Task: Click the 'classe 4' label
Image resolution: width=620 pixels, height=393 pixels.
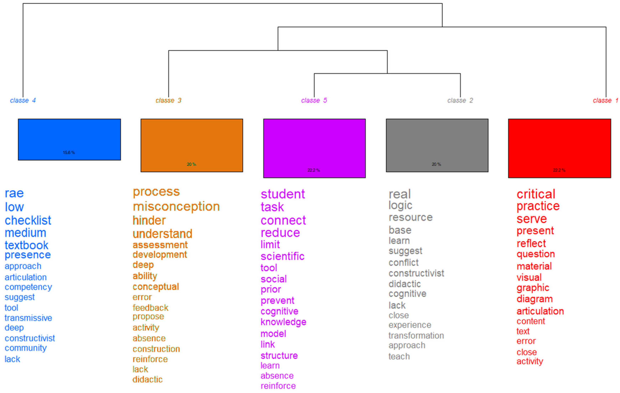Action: pyautogui.click(x=23, y=100)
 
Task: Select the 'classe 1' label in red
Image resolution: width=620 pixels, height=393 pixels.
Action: pyautogui.click(x=605, y=100)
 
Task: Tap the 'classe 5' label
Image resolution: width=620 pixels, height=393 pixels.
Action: pyautogui.click(x=314, y=100)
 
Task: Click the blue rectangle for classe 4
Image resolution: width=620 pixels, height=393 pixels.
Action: pyautogui.click(x=69, y=139)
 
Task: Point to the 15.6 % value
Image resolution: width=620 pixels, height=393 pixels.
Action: pyautogui.click(x=69, y=153)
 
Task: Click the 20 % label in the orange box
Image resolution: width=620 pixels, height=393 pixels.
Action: pyautogui.click(x=191, y=164)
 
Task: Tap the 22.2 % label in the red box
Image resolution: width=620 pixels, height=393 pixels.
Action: pyautogui.click(x=559, y=170)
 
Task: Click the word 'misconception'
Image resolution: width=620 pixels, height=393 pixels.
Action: pyautogui.click(x=176, y=207)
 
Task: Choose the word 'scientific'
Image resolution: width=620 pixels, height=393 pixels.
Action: pyautogui.click(x=282, y=256)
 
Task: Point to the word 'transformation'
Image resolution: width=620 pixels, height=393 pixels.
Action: pyautogui.click(x=416, y=336)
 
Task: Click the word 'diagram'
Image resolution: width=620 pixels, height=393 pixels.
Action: pyautogui.click(x=534, y=299)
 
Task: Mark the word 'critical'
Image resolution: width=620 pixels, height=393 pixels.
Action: pyautogui.click(x=536, y=194)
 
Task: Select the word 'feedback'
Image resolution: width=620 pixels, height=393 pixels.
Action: pyautogui.click(x=150, y=308)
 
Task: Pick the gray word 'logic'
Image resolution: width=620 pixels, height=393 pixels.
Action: pyautogui.click(x=400, y=205)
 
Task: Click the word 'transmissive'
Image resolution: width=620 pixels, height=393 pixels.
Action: pyautogui.click(x=28, y=318)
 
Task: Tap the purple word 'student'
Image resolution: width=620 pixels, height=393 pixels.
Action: pyautogui.click(x=283, y=194)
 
